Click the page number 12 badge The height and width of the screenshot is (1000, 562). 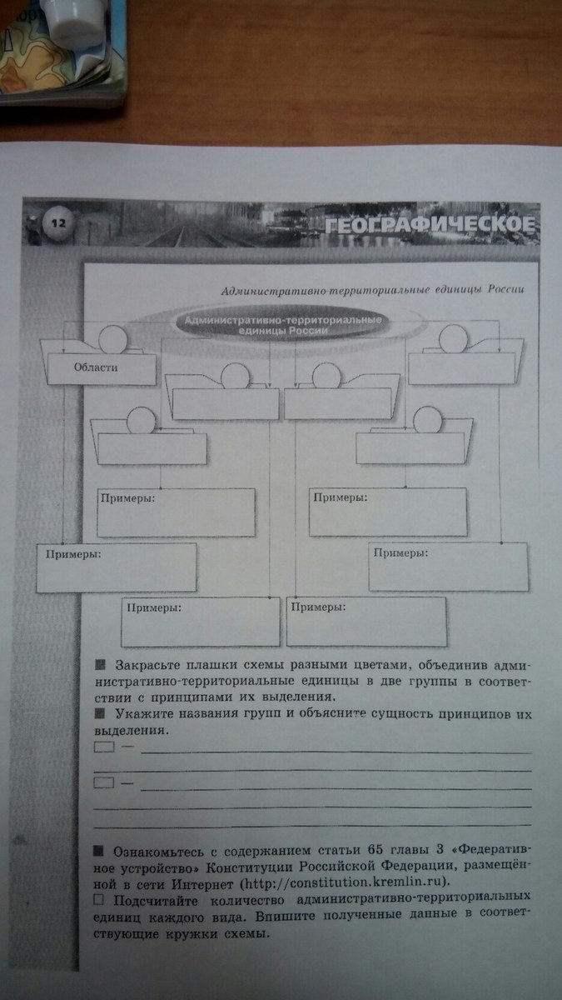pos(57,222)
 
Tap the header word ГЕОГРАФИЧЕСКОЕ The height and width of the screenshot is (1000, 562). pos(427,224)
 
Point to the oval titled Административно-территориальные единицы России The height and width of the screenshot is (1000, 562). pos(281,326)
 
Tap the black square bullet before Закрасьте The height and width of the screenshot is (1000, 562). pos(101,665)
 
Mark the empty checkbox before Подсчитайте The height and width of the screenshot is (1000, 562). pos(99,900)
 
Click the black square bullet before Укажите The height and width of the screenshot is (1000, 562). pos(101,714)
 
